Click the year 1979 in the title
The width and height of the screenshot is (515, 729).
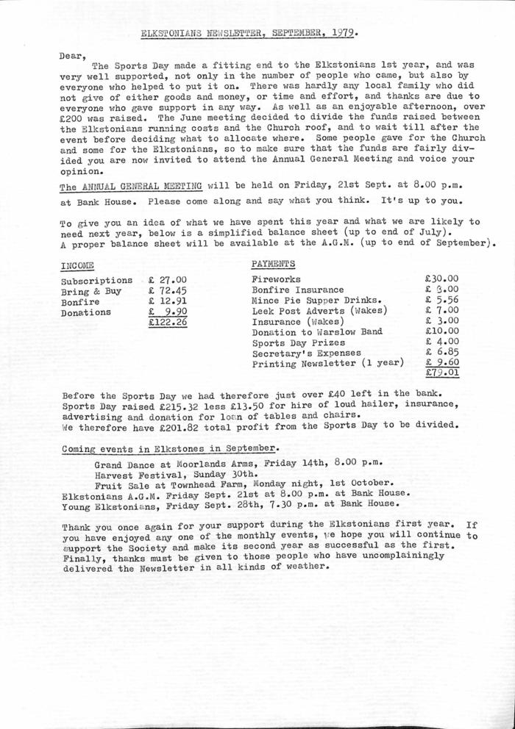(344, 32)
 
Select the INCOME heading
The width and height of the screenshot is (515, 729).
(76, 264)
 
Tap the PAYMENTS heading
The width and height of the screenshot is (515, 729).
(274, 263)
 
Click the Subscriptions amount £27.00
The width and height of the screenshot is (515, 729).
(167, 280)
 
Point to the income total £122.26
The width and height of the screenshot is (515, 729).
(167, 322)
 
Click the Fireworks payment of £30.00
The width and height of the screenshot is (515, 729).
(441, 279)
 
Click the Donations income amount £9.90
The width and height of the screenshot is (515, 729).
(167, 312)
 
